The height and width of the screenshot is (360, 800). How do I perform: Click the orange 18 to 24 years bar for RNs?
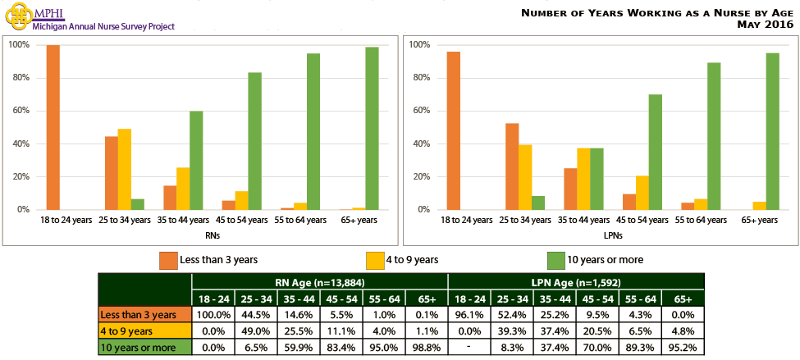click(x=53, y=127)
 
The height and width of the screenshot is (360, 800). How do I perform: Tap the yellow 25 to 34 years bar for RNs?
click(x=125, y=169)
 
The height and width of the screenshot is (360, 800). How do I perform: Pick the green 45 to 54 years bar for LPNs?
click(x=655, y=152)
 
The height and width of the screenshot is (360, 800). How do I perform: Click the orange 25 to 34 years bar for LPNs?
click(x=511, y=166)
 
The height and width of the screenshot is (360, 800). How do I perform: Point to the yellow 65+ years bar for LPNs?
click(x=759, y=205)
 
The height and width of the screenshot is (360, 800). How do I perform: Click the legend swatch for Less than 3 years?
click(x=167, y=260)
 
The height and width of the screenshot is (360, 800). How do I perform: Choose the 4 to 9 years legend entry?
click(x=402, y=260)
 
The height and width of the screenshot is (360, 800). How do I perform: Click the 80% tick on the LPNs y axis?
click(x=421, y=78)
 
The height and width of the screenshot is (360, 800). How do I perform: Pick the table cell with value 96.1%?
click(x=469, y=314)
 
